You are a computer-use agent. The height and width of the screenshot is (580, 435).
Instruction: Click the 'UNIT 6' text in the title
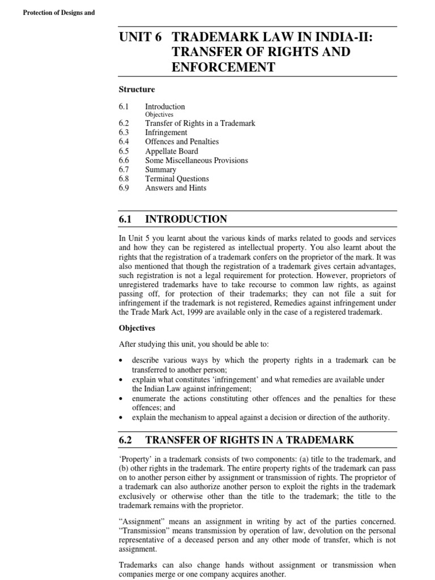tap(140, 37)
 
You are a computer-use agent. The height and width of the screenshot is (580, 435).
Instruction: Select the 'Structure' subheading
tap(137, 89)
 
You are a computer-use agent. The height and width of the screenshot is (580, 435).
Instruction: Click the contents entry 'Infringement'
tap(166, 133)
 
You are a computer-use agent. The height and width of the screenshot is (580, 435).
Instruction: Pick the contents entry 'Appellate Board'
tap(172, 151)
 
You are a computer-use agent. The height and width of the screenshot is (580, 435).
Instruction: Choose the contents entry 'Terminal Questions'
tap(177, 179)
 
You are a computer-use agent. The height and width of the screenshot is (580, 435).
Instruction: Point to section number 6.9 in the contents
tap(124, 188)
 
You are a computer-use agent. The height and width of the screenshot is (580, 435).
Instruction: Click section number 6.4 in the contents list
tap(124, 142)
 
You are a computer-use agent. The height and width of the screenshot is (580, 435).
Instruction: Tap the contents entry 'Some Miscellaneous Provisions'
tap(196, 160)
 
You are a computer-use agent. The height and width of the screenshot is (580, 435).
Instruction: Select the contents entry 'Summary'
tap(160, 169)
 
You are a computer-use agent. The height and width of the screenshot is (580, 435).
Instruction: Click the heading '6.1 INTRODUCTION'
tap(173, 219)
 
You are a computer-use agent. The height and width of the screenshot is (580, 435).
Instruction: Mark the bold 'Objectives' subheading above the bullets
tap(137, 328)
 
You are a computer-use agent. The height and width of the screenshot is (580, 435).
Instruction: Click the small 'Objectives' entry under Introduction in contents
tap(159, 114)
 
